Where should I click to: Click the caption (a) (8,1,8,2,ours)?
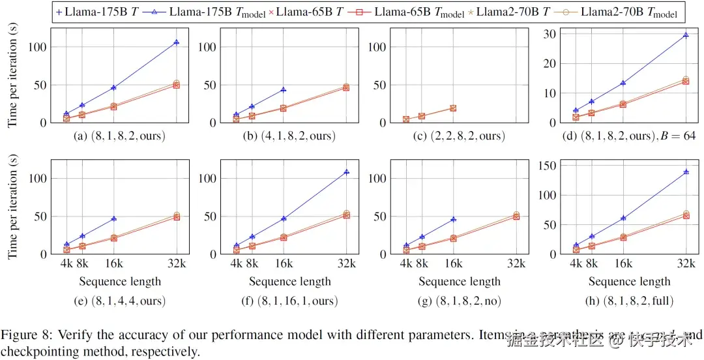point(119,136)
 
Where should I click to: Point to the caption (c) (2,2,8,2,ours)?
point(460,136)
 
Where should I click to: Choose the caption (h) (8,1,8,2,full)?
point(629,301)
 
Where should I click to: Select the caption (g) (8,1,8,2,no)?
point(460,301)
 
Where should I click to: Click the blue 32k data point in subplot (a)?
point(177,42)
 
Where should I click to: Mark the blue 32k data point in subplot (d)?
point(685,35)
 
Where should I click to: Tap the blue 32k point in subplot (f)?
point(346,172)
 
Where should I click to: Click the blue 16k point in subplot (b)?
point(283,90)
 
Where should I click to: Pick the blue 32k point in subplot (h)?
point(685,172)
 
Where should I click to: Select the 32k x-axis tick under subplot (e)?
point(176,264)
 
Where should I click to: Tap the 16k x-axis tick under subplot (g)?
point(452,264)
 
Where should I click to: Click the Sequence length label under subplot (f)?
point(289,282)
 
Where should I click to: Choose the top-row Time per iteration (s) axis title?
point(12,76)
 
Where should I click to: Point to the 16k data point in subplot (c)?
point(452,108)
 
